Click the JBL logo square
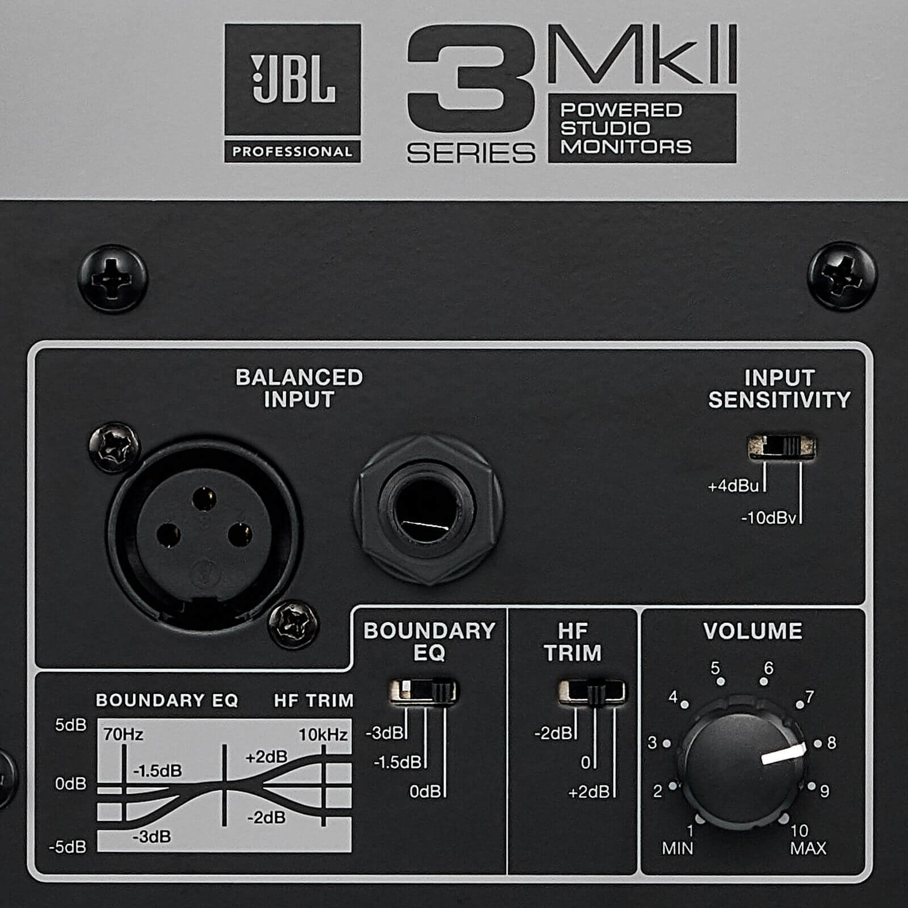tap(293, 79)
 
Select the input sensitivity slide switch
tap(781, 447)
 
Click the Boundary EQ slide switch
tap(423, 692)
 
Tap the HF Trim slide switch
tap(592, 692)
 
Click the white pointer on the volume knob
tap(784, 754)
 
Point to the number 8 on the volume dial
tap(831, 743)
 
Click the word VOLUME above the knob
tap(753, 631)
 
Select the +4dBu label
tap(733, 486)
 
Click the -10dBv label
tap(769, 518)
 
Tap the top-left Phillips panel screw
tap(113, 278)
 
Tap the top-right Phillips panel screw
tap(842, 276)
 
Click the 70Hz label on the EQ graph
tap(123, 734)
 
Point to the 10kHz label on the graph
tap(323, 734)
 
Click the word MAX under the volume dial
tap(808, 848)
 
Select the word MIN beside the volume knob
tap(678, 848)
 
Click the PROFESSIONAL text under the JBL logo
tap(292, 152)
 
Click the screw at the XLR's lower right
tap(293, 625)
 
